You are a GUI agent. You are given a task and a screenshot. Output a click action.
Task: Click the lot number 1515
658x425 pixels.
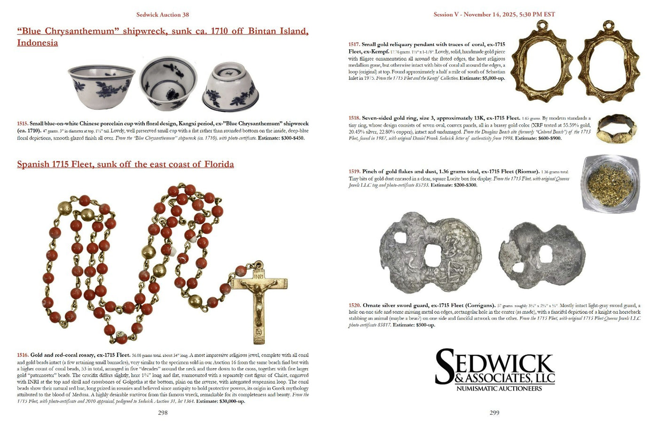point(23,124)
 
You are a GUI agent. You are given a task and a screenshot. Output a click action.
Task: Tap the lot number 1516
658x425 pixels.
point(23,355)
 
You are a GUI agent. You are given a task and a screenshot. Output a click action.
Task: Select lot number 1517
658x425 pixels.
point(354,45)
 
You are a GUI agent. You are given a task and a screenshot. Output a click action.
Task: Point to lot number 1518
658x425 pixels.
point(354,118)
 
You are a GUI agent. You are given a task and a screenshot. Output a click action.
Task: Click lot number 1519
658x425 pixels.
point(354,172)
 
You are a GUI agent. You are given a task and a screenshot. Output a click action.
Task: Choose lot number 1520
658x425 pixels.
point(354,305)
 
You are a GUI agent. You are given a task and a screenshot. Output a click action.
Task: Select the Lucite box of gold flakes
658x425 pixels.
point(610,184)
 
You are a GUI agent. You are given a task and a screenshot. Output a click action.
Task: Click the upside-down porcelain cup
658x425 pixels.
point(230,87)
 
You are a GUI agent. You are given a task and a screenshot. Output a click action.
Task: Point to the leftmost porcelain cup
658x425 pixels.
point(102,86)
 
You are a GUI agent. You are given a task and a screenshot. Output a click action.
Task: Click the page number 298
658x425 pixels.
point(163,413)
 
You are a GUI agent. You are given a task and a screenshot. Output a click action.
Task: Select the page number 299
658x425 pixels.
point(494,413)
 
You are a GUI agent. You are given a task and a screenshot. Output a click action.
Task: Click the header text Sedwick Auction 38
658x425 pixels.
point(163,15)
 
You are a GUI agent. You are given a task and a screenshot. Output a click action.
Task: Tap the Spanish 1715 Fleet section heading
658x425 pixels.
point(125,164)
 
